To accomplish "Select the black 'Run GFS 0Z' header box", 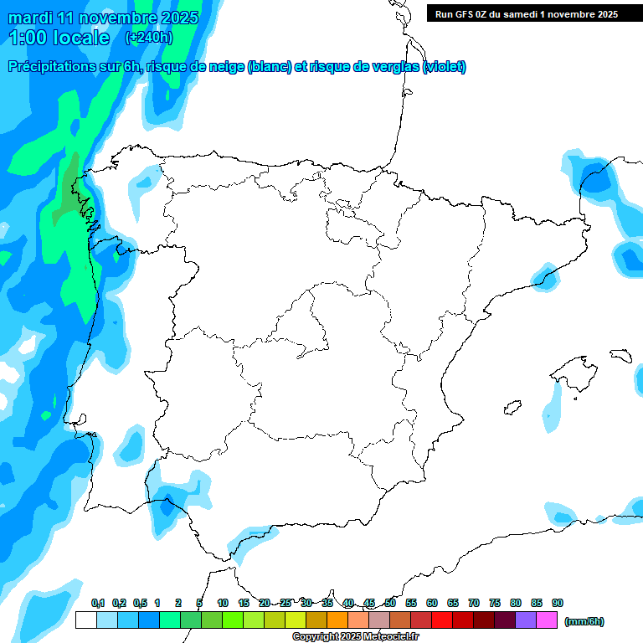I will tap(526, 13).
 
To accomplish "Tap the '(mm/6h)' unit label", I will tap(584, 621).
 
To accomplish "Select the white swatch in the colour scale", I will tap(85, 620).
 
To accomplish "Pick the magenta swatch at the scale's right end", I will tap(547, 620).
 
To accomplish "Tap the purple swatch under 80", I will tap(526, 620).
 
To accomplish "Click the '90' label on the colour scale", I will tap(558, 603).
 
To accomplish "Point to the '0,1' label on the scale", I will tap(98, 603).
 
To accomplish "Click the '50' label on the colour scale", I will tap(390, 603).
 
